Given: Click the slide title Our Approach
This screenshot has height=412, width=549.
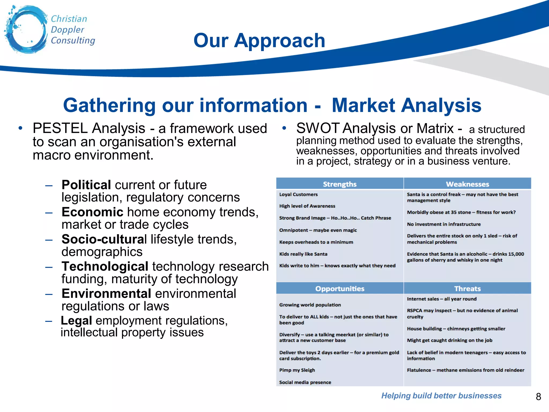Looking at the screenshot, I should pos(259,41).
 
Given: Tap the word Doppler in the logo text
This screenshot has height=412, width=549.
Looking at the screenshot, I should pos(67,30).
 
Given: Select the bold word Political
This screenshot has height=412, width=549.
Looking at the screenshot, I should pos(86,185).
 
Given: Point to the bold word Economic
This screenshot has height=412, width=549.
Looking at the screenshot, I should pos(92,212).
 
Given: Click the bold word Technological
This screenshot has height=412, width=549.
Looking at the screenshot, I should pos(105,266).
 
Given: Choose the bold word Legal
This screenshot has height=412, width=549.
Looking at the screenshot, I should pos(76,321).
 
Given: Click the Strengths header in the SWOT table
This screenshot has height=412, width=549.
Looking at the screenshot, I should pos(340,184).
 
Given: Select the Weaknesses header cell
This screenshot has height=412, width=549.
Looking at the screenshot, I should pos(467,184).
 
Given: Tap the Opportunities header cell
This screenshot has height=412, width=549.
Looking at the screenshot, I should pos(340,289).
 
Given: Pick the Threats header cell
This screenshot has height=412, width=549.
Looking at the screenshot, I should pos(467,289).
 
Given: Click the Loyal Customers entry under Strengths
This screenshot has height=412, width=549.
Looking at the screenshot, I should pos(298,194).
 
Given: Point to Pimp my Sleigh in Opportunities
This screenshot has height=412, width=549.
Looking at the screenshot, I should pos(297,370).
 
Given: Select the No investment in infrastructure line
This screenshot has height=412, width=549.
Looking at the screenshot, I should pos(444,224).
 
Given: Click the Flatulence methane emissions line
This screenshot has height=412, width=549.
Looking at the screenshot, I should pos(465,370).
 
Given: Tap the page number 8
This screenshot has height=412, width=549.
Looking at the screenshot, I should pos(538,396).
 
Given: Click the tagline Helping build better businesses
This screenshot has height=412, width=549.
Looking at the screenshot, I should pos(441,396).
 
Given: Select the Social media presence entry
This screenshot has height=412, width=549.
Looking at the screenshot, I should pos(305,382).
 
